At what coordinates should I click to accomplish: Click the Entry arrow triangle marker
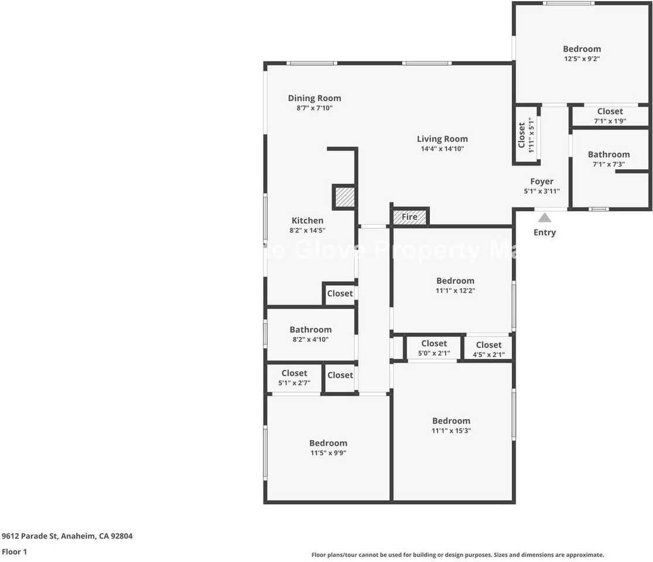click(545, 218)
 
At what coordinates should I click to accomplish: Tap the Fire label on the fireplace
click(409, 217)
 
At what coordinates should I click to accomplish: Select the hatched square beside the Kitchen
click(344, 197)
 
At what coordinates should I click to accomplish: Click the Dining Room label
click(314, 98)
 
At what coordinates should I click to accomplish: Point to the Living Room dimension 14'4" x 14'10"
click(442, 149)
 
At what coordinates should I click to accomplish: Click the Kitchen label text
click(307, 221)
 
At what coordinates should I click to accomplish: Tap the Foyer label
click(542, 181)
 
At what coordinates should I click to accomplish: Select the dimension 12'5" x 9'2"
click(582, 59)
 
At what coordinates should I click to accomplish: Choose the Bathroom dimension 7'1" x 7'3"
click(609, 165)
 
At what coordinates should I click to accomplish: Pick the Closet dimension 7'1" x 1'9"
click(610, 121)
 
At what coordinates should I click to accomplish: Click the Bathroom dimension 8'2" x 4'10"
click(310, 340)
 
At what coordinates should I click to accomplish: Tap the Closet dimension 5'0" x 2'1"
click(434, 353)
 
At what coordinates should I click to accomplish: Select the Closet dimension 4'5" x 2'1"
click(488, 355)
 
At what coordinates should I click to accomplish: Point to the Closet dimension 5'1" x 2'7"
click(294, 383)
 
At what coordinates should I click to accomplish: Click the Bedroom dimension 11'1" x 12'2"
click(455, 290)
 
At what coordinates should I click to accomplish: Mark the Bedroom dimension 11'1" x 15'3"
click(451, 430)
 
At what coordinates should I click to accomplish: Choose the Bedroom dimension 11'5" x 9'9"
click(328, 453)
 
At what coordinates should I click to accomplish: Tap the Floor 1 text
click(15, 551)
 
